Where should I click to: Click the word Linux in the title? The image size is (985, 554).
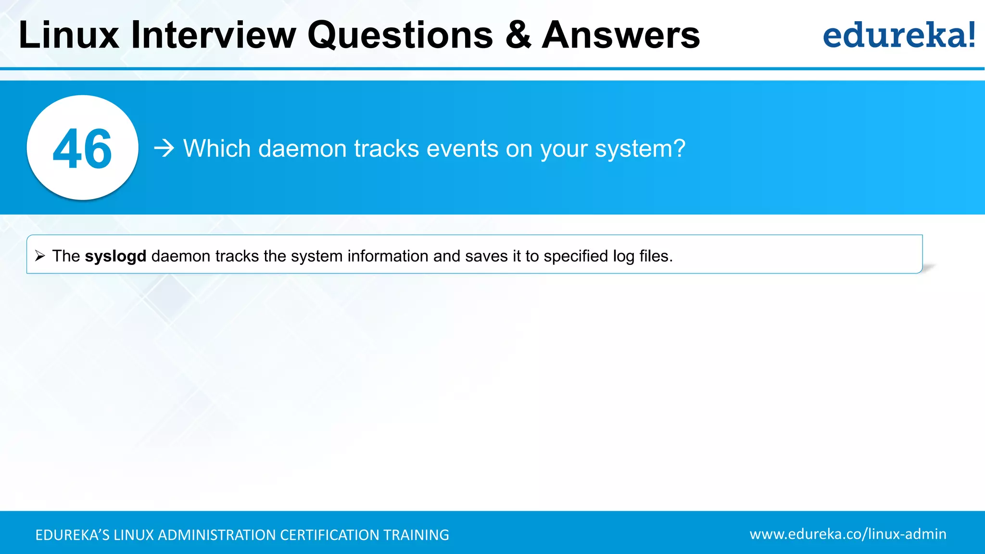click(x=69, y=35)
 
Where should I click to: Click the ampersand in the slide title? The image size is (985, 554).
click(x=518, y=35)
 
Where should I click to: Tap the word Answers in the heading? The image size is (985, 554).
click(x=620, y=35)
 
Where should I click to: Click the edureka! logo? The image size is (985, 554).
click(x=898, y=35)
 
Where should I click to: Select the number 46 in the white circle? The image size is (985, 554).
click(x=82, y=149)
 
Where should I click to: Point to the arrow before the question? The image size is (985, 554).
click(x=164, y=148)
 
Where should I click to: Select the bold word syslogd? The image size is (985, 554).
click(x=115, y=256)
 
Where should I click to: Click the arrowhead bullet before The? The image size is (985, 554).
click(x=40, y=256)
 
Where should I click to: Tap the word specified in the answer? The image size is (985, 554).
click(x=576, y=256)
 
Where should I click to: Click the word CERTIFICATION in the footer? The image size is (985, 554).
click(x=329, y=535)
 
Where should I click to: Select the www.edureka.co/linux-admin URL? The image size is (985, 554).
click(x=847, y=534)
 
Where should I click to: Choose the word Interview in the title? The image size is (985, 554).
click(x=214, y=35)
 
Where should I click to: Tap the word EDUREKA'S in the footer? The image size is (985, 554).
click(x=73, y=535)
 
